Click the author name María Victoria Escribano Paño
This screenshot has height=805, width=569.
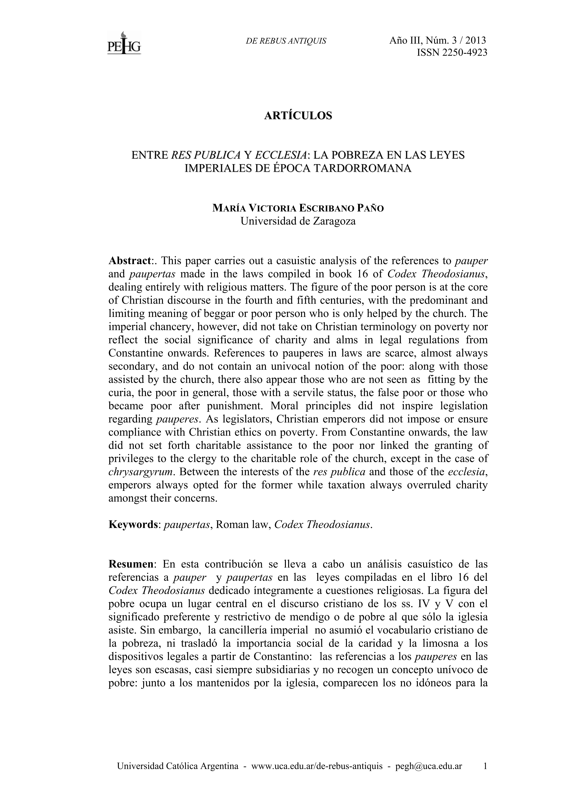pyautogui.click(x=298, y=208)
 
